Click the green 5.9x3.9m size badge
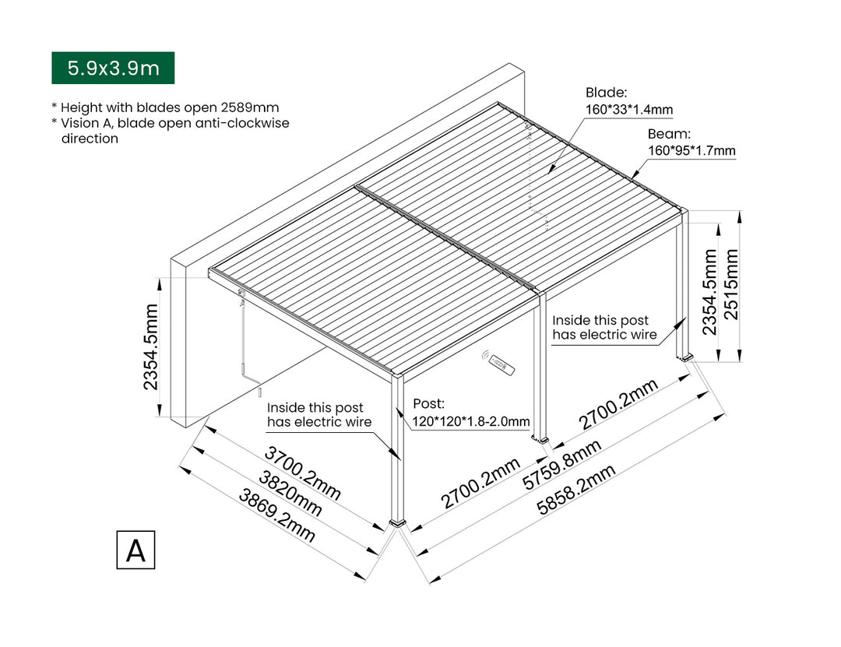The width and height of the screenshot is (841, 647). pos(113,68)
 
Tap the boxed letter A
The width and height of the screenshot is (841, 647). pos(135,550)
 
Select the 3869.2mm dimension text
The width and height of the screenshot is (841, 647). pos(277,516)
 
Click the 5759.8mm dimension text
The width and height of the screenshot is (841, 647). pos(561,465)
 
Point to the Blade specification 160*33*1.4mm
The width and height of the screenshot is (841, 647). pos(629,110)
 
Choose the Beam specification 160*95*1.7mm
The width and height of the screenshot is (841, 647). pos(691,151)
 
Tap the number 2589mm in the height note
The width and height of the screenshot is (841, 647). pos(253,107)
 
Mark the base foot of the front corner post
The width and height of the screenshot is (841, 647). pos(399,523)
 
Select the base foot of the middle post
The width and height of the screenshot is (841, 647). pos(540,441)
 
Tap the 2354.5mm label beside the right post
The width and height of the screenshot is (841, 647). pos(709,292)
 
